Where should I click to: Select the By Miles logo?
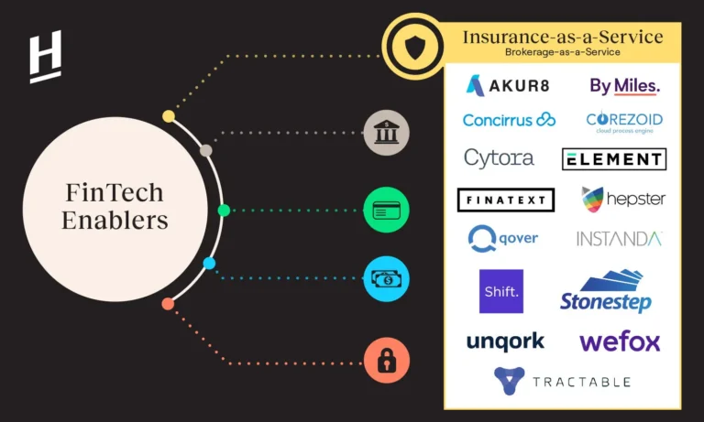point(624,86)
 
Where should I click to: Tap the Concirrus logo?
point(509,120)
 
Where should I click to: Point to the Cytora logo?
point(499,157)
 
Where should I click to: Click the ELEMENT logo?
point(613,159)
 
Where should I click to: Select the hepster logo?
point(623,198)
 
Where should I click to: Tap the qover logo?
point(502,239)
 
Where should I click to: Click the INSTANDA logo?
point(619,239)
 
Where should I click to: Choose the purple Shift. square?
point(501,291)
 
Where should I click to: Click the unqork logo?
point(505,341)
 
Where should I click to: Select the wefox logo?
point(620,341)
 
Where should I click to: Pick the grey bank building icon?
point(386,133)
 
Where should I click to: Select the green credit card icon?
point(386,210)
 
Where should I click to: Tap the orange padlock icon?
point(386,360)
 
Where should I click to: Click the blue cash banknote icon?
point(386,278)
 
